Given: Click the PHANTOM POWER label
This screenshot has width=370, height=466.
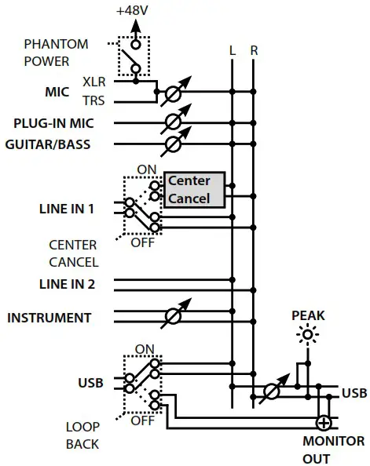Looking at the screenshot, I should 56,53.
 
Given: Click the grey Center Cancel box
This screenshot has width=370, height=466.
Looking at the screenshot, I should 193,189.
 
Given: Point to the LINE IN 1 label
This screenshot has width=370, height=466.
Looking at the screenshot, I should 66,209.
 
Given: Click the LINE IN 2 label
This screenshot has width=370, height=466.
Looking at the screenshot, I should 66,284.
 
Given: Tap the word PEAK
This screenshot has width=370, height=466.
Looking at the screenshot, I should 307,315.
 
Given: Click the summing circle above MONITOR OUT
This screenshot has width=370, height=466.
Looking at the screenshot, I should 323,422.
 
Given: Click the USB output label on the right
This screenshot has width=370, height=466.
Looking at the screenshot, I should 354,391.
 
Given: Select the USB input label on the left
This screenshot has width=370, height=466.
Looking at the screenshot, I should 90,383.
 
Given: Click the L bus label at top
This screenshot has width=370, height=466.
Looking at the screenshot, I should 232,50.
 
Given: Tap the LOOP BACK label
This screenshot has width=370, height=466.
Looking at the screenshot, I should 82,435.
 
